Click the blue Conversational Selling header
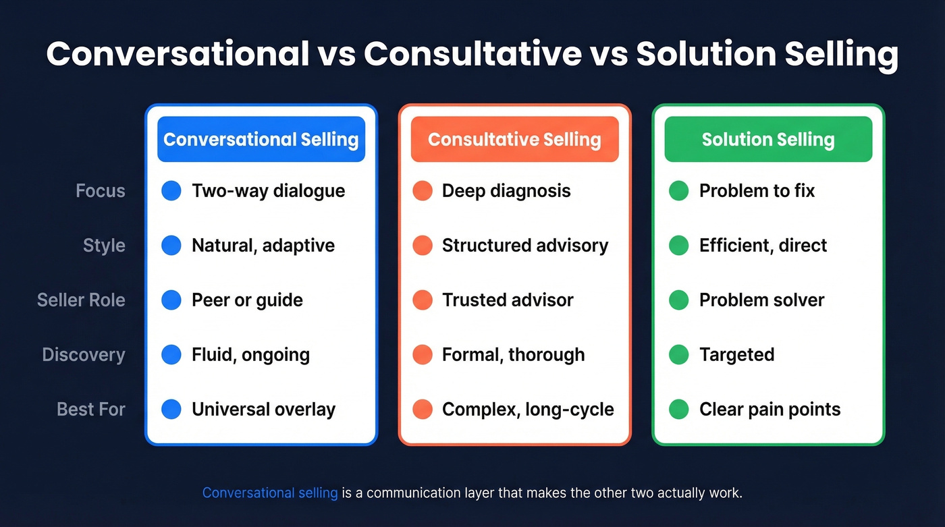pos(261,139)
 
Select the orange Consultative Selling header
pos(514,139)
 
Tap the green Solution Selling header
pos(768,139)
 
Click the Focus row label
pos(101,191)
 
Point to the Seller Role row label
pos(81,300)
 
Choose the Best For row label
pos(91,409)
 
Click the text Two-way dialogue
pos(268,191)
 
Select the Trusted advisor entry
pos(508,300)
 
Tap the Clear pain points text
pos(769,409)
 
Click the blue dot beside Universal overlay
pos(171,409)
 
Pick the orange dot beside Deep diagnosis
pos(423,191)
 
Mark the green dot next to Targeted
pos(678,354)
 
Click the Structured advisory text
pos(524,246)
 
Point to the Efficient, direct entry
pos(763,246)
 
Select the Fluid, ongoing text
pos(250,354)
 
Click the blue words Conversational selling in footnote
pos(270,493)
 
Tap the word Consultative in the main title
pos(473,54)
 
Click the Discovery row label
pos(84,354)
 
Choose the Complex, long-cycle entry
pos(528,409)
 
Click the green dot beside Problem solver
pos(678,300)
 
